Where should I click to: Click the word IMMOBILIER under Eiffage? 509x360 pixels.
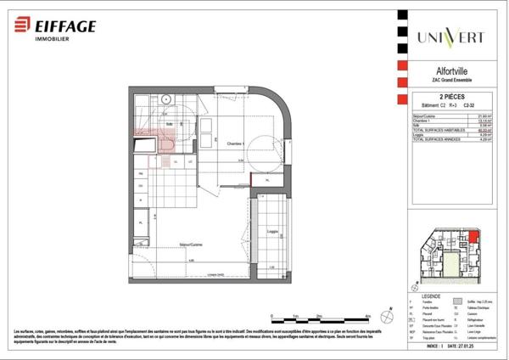coord(53,39)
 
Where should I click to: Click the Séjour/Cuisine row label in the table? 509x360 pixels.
coord(425,115)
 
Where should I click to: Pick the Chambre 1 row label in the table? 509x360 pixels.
coord(421,121)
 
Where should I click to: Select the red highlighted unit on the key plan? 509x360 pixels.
coord(474,241)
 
